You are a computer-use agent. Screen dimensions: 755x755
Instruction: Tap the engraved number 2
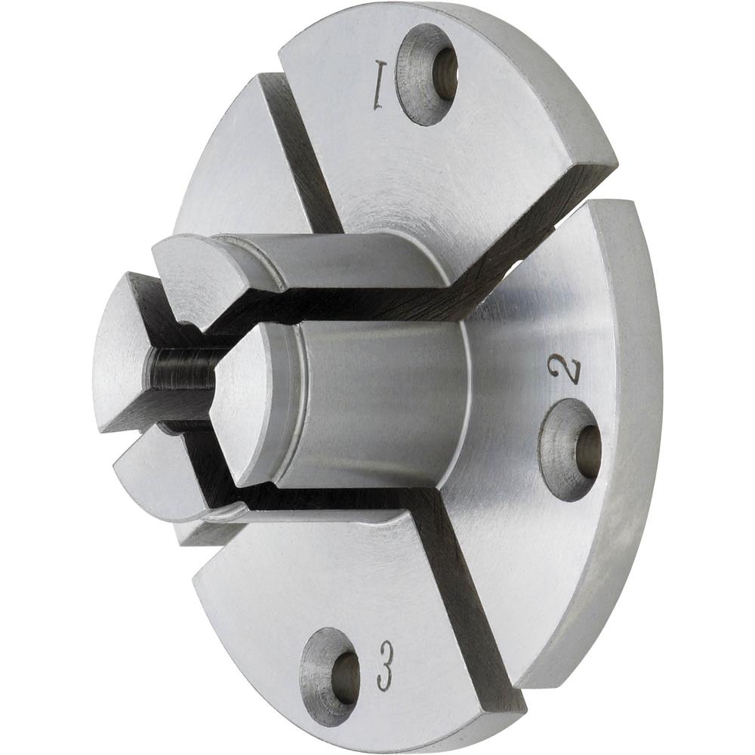pos(568,369)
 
